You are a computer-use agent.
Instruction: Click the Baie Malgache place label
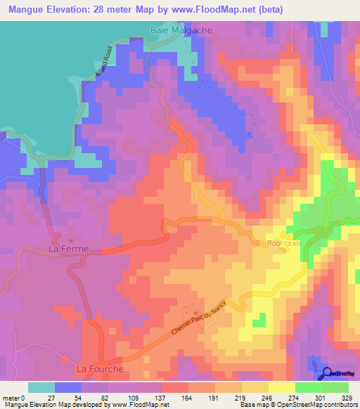[181, 31]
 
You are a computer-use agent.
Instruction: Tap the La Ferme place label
[67, 249]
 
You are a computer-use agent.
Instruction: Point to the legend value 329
[348, 397]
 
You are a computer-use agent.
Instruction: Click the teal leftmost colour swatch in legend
[41, 387]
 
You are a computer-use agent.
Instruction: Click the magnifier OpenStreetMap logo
[328, 373]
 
